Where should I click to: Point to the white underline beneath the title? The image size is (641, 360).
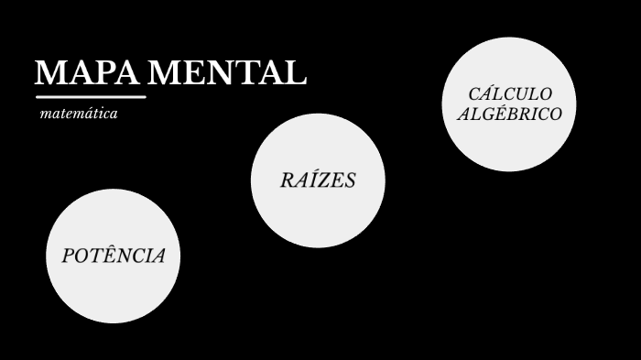pyautogui.click(x=91, y=96)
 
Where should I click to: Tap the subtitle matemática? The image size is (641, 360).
pyautogui.click(x=79, y=115)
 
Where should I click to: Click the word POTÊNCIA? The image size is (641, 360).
pyautogui.click(x=114, y=256)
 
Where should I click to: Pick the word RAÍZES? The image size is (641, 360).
pyautogui.click(x=318, y=180)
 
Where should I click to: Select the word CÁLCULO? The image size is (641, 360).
pyautogui.click(x=510, y=94)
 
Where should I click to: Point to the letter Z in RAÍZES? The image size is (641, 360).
pyautogui.click(x=321, y=180)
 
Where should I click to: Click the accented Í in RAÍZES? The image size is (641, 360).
pyautogui.click(x=311, y=180)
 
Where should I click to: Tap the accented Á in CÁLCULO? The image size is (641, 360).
pyautogui.click(x=485, y=93)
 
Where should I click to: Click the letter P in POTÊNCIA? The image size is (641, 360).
pyautogui.click(x=68, y=256)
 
